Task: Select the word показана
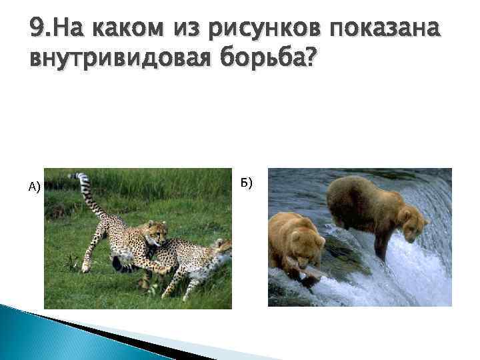(x=387, y=29)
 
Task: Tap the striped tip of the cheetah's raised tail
(x=82, y=179)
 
